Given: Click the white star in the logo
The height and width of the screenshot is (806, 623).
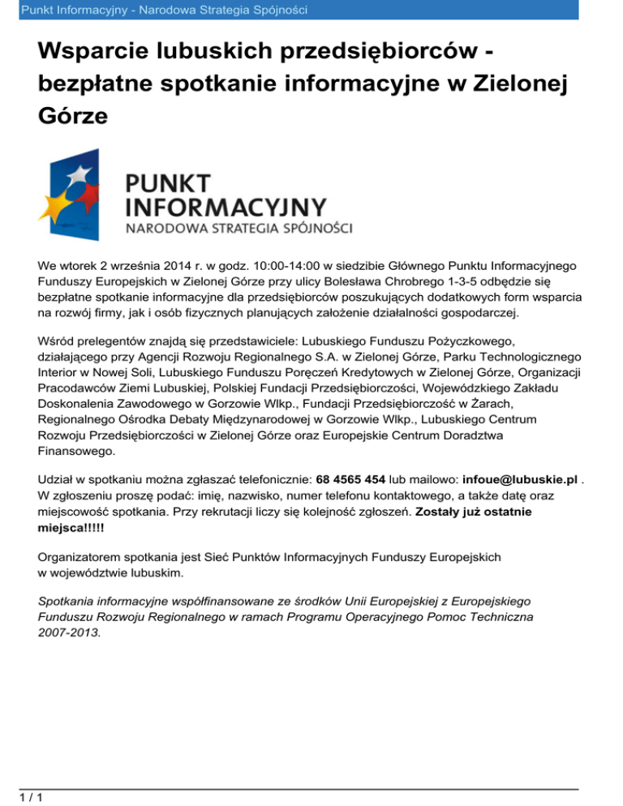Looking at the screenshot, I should (x=79, y=174).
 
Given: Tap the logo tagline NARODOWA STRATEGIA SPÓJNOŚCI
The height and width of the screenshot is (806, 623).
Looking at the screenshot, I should (x=238, y=229).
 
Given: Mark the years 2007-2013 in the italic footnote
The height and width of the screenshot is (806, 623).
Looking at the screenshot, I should (x=70, y=633).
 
